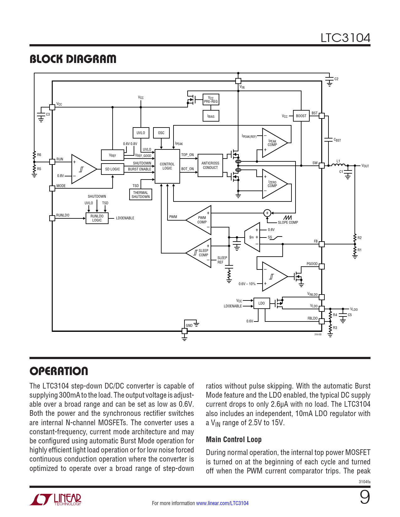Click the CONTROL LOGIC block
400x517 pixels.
tap(167, 166)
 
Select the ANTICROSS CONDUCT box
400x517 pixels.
tap(210, 165)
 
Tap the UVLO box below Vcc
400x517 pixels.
tap(141, 133)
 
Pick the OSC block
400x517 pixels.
tap(161, 133)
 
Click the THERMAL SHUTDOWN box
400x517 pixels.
tap(141, 195)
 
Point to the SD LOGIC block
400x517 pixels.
tap(112, 169)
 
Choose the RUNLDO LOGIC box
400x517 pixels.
tap(97, 218)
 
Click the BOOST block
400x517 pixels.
tap(301, 116)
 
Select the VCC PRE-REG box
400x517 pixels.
tap(211, 100)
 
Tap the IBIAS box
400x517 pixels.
tap(211, 116)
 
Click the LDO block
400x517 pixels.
tap(261, 303)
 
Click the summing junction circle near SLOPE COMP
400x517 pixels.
tap(267, 213)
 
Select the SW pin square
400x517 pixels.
tap(322, 165)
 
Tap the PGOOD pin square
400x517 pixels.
tap(322, 266)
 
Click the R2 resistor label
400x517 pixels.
tap(360, 238)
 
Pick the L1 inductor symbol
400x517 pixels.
tap(339, 165)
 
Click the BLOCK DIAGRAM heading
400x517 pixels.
tap(73, 59)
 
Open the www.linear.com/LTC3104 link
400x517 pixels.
tap(222, 503)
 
